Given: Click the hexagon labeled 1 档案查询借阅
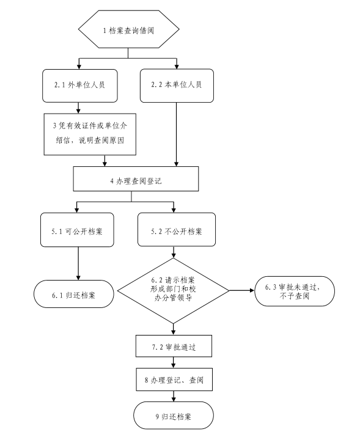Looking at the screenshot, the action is (x=128, y=29).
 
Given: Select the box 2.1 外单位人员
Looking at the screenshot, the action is (x=80, y=86).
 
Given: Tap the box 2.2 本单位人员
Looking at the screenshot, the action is (x=177, y=86).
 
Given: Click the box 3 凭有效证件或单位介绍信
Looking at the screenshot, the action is (x=90, y=134).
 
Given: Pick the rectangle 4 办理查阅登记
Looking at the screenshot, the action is (x=136, y=178).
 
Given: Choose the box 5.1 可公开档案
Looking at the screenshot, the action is (x=77, y=230).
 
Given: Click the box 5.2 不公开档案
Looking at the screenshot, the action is (x=177, y=230).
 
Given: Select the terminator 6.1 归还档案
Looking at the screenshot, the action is (x=74, y=294).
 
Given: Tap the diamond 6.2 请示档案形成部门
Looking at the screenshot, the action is (x=173, y=291).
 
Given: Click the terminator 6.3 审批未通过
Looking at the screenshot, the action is (x=295, y=291).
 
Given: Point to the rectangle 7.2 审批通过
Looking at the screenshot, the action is (x=174, y=346).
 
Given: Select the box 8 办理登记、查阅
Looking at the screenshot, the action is (x=174, y=380).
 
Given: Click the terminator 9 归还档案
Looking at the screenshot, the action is (x=174, y=416).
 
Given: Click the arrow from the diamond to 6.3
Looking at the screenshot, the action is (x=242, y=290).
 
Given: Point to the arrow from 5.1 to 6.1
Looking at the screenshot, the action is (x=78, y=263).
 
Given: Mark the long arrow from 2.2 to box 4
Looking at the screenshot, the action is (x=176, y=134).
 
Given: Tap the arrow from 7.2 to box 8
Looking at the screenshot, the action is (x=174, y=362).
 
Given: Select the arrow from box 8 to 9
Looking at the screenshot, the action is (x=174, y=396).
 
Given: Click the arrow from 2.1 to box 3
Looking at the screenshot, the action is (x=79, y=108).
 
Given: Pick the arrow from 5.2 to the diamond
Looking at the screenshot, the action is (x=174, y=252).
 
